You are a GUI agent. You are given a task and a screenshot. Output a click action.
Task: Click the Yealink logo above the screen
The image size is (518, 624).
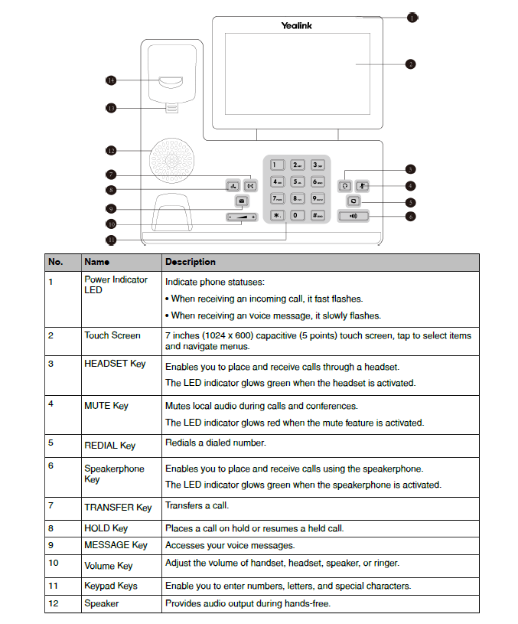296,26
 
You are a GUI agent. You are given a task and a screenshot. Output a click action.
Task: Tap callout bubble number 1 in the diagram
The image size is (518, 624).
412,18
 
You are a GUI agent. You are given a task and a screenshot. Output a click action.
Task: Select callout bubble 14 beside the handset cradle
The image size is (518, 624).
111,80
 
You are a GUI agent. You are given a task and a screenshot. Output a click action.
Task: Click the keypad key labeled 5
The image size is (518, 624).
298,182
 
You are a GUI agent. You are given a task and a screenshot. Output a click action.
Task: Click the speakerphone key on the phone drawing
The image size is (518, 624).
353,216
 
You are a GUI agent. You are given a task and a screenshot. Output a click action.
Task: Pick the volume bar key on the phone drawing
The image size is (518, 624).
242,217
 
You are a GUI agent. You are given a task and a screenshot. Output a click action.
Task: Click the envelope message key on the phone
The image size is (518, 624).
242,201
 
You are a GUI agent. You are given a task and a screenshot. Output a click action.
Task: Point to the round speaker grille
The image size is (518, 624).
172,161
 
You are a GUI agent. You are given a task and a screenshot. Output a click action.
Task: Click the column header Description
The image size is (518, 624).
191,262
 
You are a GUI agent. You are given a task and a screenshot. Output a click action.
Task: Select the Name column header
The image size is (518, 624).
96,262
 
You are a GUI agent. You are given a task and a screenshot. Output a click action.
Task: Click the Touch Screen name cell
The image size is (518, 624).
112,335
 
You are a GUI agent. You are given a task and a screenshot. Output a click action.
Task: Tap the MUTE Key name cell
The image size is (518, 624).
106,406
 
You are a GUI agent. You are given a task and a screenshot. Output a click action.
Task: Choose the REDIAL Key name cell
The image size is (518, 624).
110,446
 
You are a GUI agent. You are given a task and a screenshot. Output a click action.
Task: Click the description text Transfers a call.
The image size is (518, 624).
197,505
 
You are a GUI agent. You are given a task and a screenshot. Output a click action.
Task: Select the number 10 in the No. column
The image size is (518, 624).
54,563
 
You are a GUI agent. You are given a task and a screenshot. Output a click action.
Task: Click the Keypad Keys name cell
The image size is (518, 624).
111,586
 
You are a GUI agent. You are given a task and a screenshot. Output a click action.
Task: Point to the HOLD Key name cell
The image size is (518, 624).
106,528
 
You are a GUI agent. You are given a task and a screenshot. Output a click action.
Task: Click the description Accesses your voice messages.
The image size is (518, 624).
230,546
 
